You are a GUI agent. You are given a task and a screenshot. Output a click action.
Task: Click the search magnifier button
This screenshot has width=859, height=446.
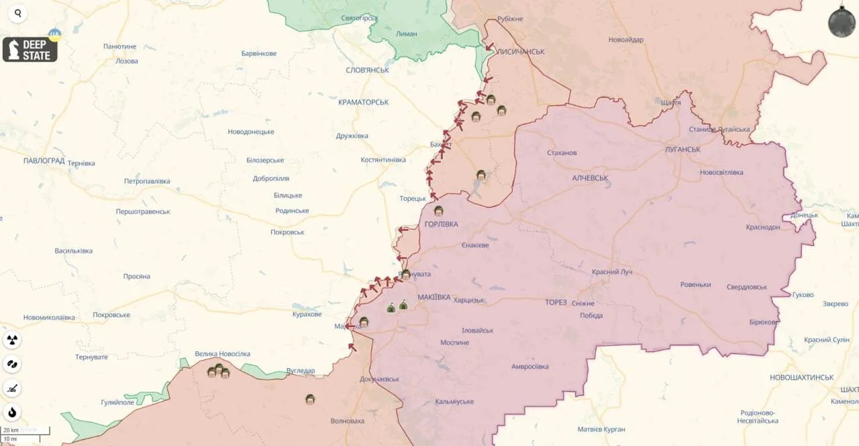[17, 13]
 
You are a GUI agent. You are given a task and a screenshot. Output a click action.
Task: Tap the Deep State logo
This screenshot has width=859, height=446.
[30, 49]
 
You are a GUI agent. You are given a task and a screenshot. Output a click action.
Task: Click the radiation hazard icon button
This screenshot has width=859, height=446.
[12, 340]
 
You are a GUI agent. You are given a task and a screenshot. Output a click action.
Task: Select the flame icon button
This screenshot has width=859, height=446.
[12, 412]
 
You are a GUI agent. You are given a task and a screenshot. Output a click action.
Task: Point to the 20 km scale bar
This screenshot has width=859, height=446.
[25, 430]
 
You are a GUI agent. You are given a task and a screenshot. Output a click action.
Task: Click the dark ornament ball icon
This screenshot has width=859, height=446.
[842, 22]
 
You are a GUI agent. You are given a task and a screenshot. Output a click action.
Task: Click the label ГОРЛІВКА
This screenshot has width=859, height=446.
[442, 224]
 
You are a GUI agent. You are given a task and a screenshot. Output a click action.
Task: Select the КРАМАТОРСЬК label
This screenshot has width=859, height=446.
[363, 102]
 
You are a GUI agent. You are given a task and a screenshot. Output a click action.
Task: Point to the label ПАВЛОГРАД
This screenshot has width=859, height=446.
[44, 161]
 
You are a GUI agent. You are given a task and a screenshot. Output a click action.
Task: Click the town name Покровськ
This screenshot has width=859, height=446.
[287, 232]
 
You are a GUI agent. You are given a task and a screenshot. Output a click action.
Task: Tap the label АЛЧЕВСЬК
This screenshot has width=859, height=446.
[590, 178]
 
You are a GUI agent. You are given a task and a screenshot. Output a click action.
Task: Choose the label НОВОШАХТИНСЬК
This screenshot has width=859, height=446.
[801, 377]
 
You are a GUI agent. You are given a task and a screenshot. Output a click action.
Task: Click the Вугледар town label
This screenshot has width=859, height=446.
[300, 371]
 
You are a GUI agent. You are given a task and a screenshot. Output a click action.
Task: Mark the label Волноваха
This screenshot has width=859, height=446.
[348, 421]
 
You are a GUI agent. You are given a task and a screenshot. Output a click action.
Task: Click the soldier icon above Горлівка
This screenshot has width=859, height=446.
[438, 211]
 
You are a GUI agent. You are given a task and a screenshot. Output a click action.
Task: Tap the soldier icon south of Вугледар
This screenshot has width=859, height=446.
[310, 399]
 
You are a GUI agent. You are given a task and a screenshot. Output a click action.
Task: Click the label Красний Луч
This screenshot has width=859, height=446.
[611, 272]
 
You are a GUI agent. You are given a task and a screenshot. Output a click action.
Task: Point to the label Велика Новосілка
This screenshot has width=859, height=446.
[222, 354]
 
